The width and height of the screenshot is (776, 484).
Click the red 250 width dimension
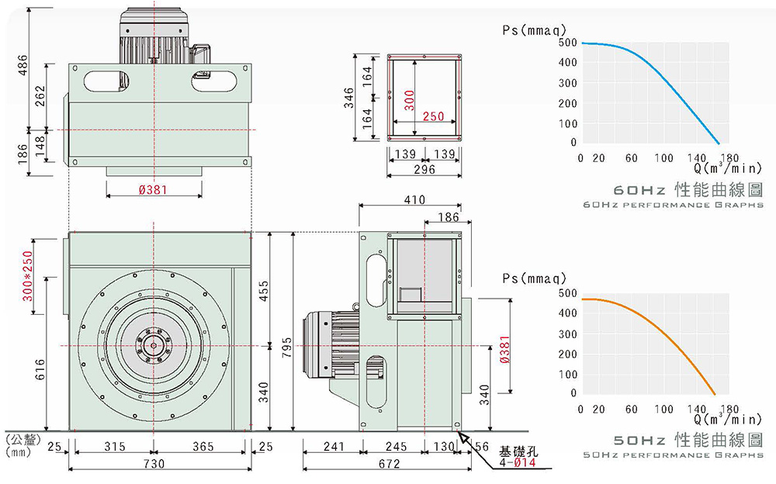(433, 116)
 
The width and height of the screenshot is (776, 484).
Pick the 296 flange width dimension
(424, 169)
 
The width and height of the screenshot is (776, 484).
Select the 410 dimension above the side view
(414, 200)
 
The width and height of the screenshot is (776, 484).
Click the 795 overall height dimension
(287, 344)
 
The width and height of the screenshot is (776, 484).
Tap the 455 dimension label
(264, 291)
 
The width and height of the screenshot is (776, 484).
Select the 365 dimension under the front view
(203, 447)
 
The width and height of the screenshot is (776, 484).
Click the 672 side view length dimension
(389, 464)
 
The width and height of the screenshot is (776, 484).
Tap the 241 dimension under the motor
(333, 447)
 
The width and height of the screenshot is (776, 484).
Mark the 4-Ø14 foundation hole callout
(517, 463)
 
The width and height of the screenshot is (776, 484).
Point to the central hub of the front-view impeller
(154, 345)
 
